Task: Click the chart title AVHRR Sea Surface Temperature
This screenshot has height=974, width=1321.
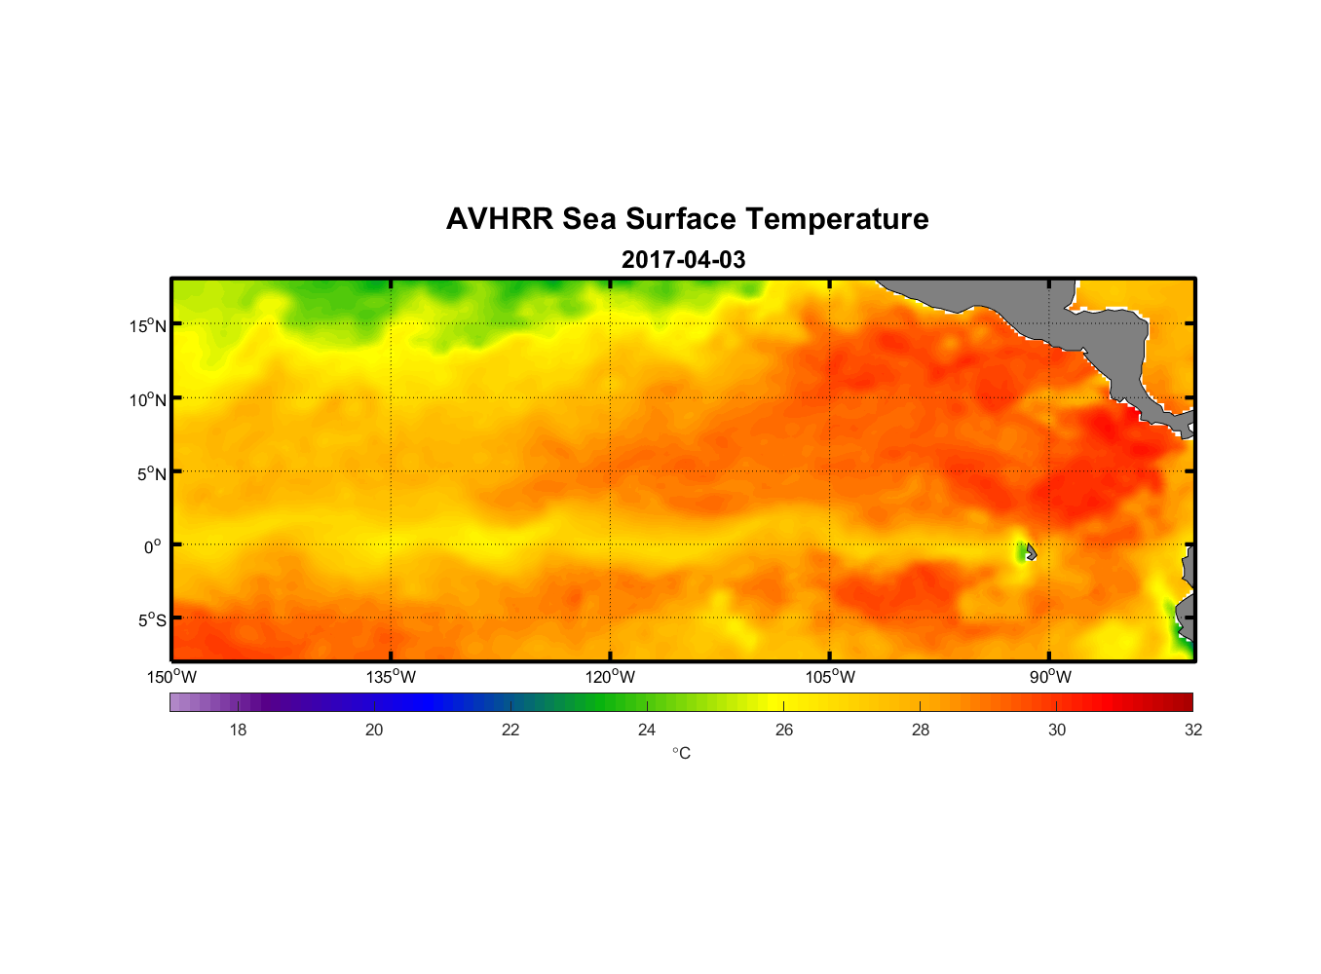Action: coord(687,219)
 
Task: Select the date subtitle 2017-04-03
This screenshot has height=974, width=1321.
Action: coord(683,260)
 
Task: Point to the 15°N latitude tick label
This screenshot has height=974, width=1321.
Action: coord(148,325)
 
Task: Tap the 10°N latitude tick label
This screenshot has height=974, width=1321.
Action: coord(148,399)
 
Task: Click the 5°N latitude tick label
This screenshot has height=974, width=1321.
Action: coord(151,473)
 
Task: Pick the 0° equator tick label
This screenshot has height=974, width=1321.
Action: coord(153,547)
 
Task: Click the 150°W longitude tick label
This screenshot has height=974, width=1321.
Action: coord(172,677)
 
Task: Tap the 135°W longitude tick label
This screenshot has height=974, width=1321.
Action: coord(392,677)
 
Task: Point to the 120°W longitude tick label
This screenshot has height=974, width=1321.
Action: coord(611,677)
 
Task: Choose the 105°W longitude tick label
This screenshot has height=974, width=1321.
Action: coord(830,677)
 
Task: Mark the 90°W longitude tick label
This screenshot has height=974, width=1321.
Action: coord(1050,677)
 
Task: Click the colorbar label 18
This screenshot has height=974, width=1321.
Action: coord(238,730)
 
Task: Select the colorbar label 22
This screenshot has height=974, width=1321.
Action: coord(510,730)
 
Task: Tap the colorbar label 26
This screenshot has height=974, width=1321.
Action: coord(784,730)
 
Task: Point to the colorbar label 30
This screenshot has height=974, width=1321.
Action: coord(1057,730)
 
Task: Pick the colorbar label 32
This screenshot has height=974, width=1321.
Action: coord(1193,730)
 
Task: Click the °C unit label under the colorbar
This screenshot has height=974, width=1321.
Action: coord(681,754)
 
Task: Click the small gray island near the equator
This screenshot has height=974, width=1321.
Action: coord(1031,552)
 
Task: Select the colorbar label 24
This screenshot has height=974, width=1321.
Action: coord(647,730)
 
